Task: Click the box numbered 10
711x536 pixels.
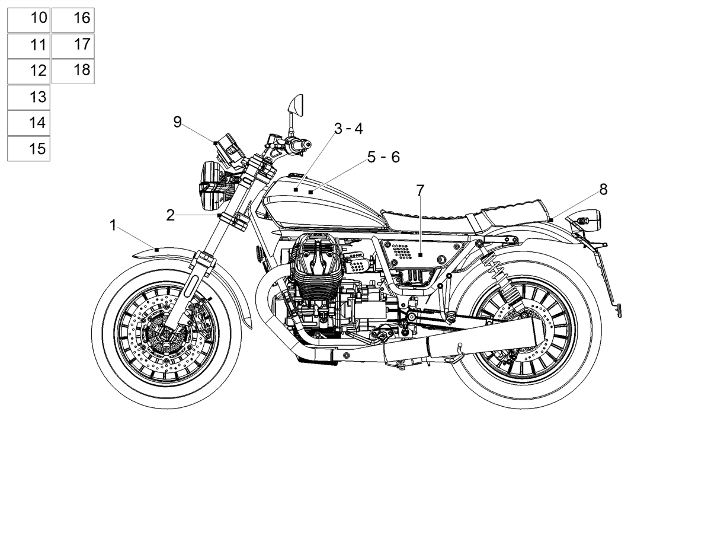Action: pyautogui.click(x=28, y=20)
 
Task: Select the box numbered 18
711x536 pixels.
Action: pyautogui.click(x=73, y=71)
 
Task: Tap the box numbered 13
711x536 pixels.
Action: pyautogui.click(x=28, y=98)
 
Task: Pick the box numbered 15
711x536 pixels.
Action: pyautogui.click(x=28, y=149)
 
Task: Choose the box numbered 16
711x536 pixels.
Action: pyautogui.click(x=73, y=20)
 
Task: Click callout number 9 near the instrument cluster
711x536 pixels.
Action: pyautogui.click(x=177, y=122)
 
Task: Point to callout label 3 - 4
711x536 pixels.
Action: pyautogui.click(x=348, y=129)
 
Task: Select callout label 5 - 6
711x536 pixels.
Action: pyautogui.click(x=383, y=157)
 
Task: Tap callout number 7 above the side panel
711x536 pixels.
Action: pyautogui.click(x=420, y=190)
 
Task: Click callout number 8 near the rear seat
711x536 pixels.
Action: pyautogui.click(x=603, y=190)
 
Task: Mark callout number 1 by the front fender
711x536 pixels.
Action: pyautogui.click(x=113, y=225)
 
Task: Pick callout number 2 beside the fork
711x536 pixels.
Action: pyautogui.click(x=171, y=215)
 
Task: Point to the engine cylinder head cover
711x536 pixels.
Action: pyautogui.click(x=316, y=252)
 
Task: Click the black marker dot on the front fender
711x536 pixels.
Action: pyautogui.click(x=157, y=250)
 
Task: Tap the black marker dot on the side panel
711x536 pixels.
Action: pyautogui.click(x=420, y=255)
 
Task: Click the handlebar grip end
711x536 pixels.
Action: pyautogui.click(x=308, y=144)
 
